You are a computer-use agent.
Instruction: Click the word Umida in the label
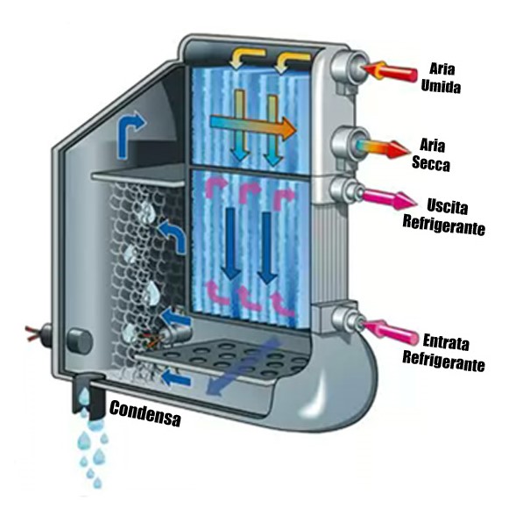pos(441,86)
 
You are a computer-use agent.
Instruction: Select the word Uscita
pos(447,206)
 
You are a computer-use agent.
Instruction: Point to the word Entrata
pos(446,341)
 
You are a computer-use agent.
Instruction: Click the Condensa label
pos(145,413)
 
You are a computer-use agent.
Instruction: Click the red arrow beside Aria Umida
pos(391,71)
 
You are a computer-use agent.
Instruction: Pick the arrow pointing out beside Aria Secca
pos(383,148)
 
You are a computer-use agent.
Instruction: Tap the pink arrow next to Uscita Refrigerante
pos(389,197)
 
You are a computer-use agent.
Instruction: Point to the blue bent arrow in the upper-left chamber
pos(130,134)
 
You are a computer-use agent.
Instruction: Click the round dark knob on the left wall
pos(79,341)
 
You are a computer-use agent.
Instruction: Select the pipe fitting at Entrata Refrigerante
pos(348,319)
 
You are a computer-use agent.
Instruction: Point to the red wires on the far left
pos(34,333)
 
